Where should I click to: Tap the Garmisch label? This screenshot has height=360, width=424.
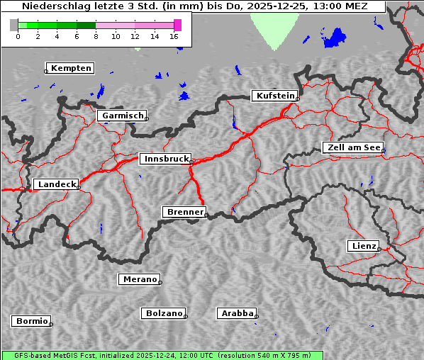point(123,116)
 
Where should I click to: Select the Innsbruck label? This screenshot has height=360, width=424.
point(165,159)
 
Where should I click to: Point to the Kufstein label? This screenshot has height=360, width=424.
point(274,96)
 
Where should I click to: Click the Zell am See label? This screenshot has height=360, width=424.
point(352,147)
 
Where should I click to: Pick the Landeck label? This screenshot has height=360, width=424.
point(56,184)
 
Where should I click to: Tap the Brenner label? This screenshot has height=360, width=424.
point(184,212)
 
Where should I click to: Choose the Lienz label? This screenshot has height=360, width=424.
point(363,246)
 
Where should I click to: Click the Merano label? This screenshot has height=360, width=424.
point(139,279)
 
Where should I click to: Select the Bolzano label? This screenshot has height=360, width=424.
point(164,313)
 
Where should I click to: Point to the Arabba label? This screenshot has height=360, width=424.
point(237,313)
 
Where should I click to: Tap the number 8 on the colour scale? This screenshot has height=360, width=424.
point(96,35)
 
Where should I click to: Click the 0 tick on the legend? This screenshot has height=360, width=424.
point(18,35)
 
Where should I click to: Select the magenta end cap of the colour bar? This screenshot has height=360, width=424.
point(177,25)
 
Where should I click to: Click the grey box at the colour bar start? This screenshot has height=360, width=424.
point(14,25)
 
